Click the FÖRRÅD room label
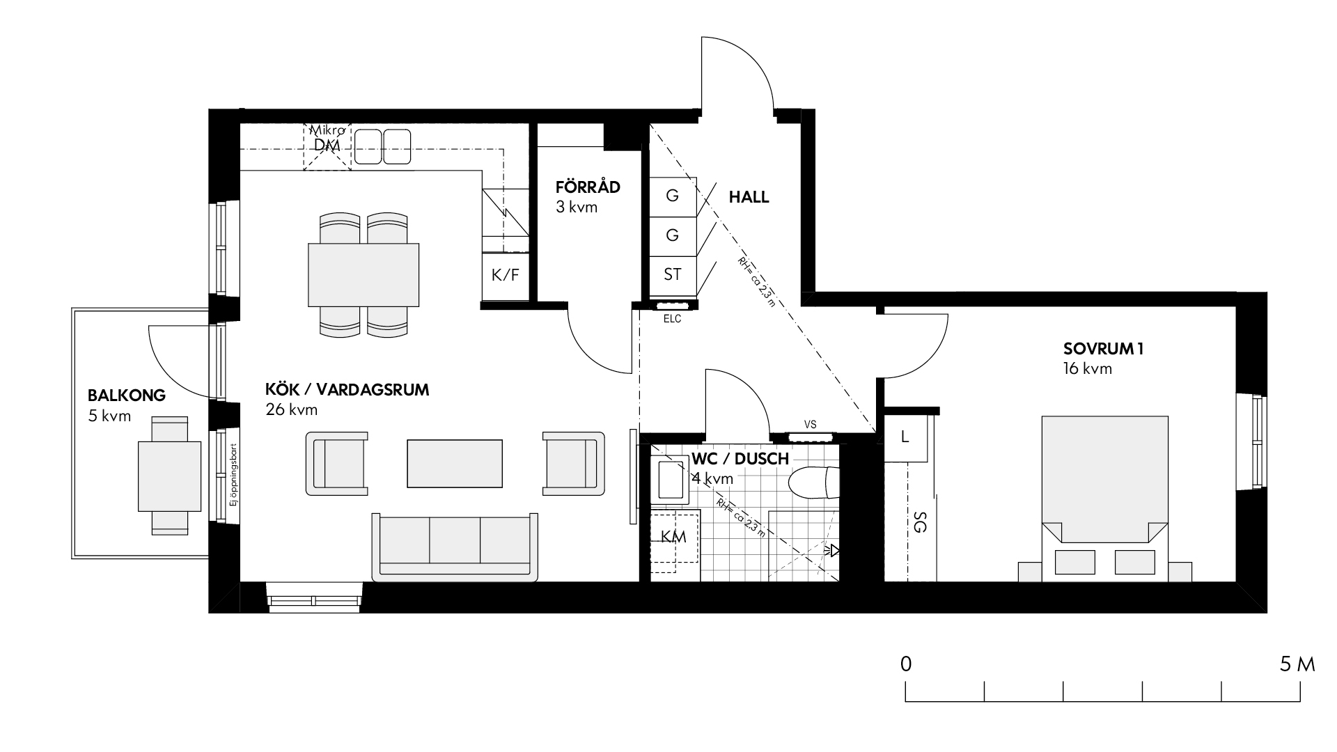tap(588, 187)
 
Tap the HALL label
tap(749, 197)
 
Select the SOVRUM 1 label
tap(1104, 349)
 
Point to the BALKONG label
tap(127, 395)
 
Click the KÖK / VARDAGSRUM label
tap(347, 389)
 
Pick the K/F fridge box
tap(505, 276)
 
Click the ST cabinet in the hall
tap(673, 275)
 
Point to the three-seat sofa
tap(455, 547)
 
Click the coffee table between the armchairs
tap(455, 464)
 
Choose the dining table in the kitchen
tap(363, 275)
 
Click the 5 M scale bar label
tap(1297, 664)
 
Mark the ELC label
tap(672, 320)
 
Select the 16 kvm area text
tap(1088, 369)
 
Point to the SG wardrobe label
tap(919, 522)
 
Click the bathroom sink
tap(673, 480)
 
